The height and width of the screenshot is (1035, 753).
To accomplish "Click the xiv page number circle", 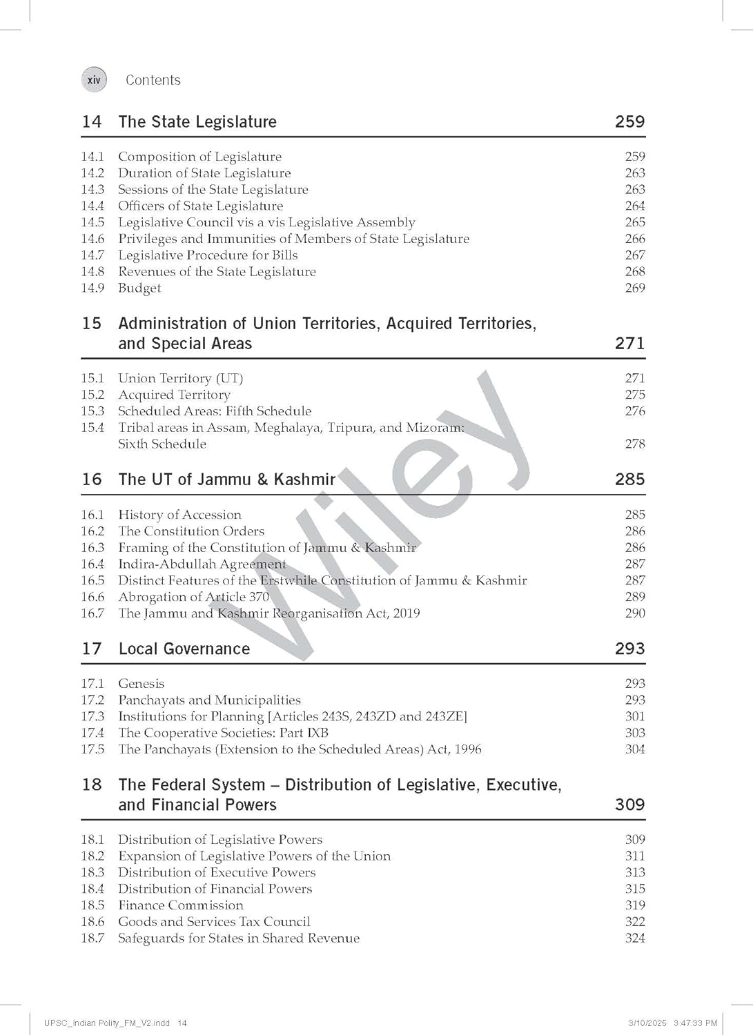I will [x=94, y=80].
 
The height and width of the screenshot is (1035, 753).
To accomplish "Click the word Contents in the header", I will [x=153, y=80].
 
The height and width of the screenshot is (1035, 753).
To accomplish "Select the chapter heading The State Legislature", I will [x=197, y=122].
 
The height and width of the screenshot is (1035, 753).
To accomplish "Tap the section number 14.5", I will [x=92, y=222].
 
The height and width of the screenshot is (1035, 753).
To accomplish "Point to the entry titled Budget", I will [x=139, y=288].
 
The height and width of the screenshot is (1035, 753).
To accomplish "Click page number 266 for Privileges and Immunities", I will [x=634, y=239].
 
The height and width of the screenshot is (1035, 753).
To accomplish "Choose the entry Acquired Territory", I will [x=174, y=395].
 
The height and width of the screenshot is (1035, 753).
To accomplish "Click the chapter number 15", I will [x=91, y=324].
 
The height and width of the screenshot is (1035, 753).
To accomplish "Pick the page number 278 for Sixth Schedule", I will [x=634, y=444].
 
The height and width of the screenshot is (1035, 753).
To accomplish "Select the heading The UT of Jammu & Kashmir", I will [x=226, y=480].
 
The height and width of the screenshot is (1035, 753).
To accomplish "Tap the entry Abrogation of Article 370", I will [x=193, y=597].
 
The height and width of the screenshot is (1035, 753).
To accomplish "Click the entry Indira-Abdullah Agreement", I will [x=202, y=564].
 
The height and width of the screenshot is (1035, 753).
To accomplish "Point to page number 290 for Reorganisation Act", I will [x=634, y=613].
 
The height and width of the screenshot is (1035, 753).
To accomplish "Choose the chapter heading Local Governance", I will [x=184, y=649].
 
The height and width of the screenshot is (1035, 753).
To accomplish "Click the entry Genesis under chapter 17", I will [x=141, y=684].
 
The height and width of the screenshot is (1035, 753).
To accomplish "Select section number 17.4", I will [x=92, y=733].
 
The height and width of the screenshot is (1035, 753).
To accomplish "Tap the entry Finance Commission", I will [x=180, y=905].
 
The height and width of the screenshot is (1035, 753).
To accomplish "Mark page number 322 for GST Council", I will [x=634, y=922].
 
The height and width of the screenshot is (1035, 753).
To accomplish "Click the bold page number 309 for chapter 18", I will [x=629, y=805].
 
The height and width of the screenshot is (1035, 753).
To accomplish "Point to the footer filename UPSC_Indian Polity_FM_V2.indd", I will [x=107, y=1023].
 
